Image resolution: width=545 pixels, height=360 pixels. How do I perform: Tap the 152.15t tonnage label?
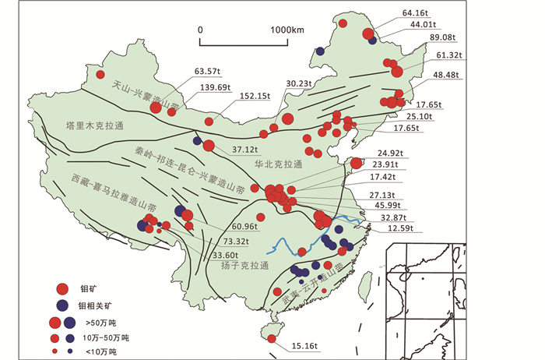tap(255, 96)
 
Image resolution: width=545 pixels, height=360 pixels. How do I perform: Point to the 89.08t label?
tap(442, 37)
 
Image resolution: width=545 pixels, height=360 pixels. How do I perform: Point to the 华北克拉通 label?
tap(278, 164)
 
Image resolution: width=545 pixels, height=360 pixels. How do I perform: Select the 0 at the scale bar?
tap(201, 30)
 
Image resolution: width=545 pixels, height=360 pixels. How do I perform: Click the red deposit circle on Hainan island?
tap(272, 337)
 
